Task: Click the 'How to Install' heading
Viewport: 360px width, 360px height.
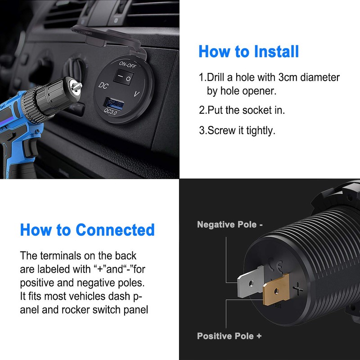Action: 248,51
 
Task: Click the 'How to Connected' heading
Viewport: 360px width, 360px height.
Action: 87,229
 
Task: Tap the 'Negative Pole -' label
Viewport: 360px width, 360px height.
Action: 229,224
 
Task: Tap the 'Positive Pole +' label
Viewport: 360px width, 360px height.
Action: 229,336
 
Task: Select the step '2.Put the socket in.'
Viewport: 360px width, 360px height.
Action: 242,110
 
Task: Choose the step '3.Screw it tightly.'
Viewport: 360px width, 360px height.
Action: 237,130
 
